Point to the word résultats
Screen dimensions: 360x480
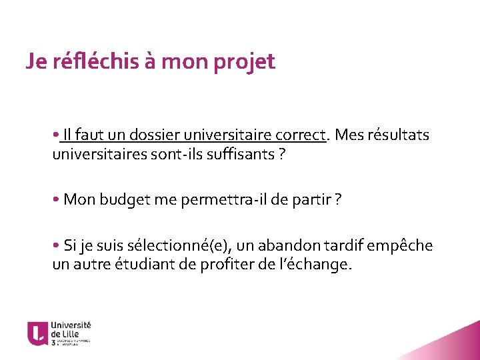397,135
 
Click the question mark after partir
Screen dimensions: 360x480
339,200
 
